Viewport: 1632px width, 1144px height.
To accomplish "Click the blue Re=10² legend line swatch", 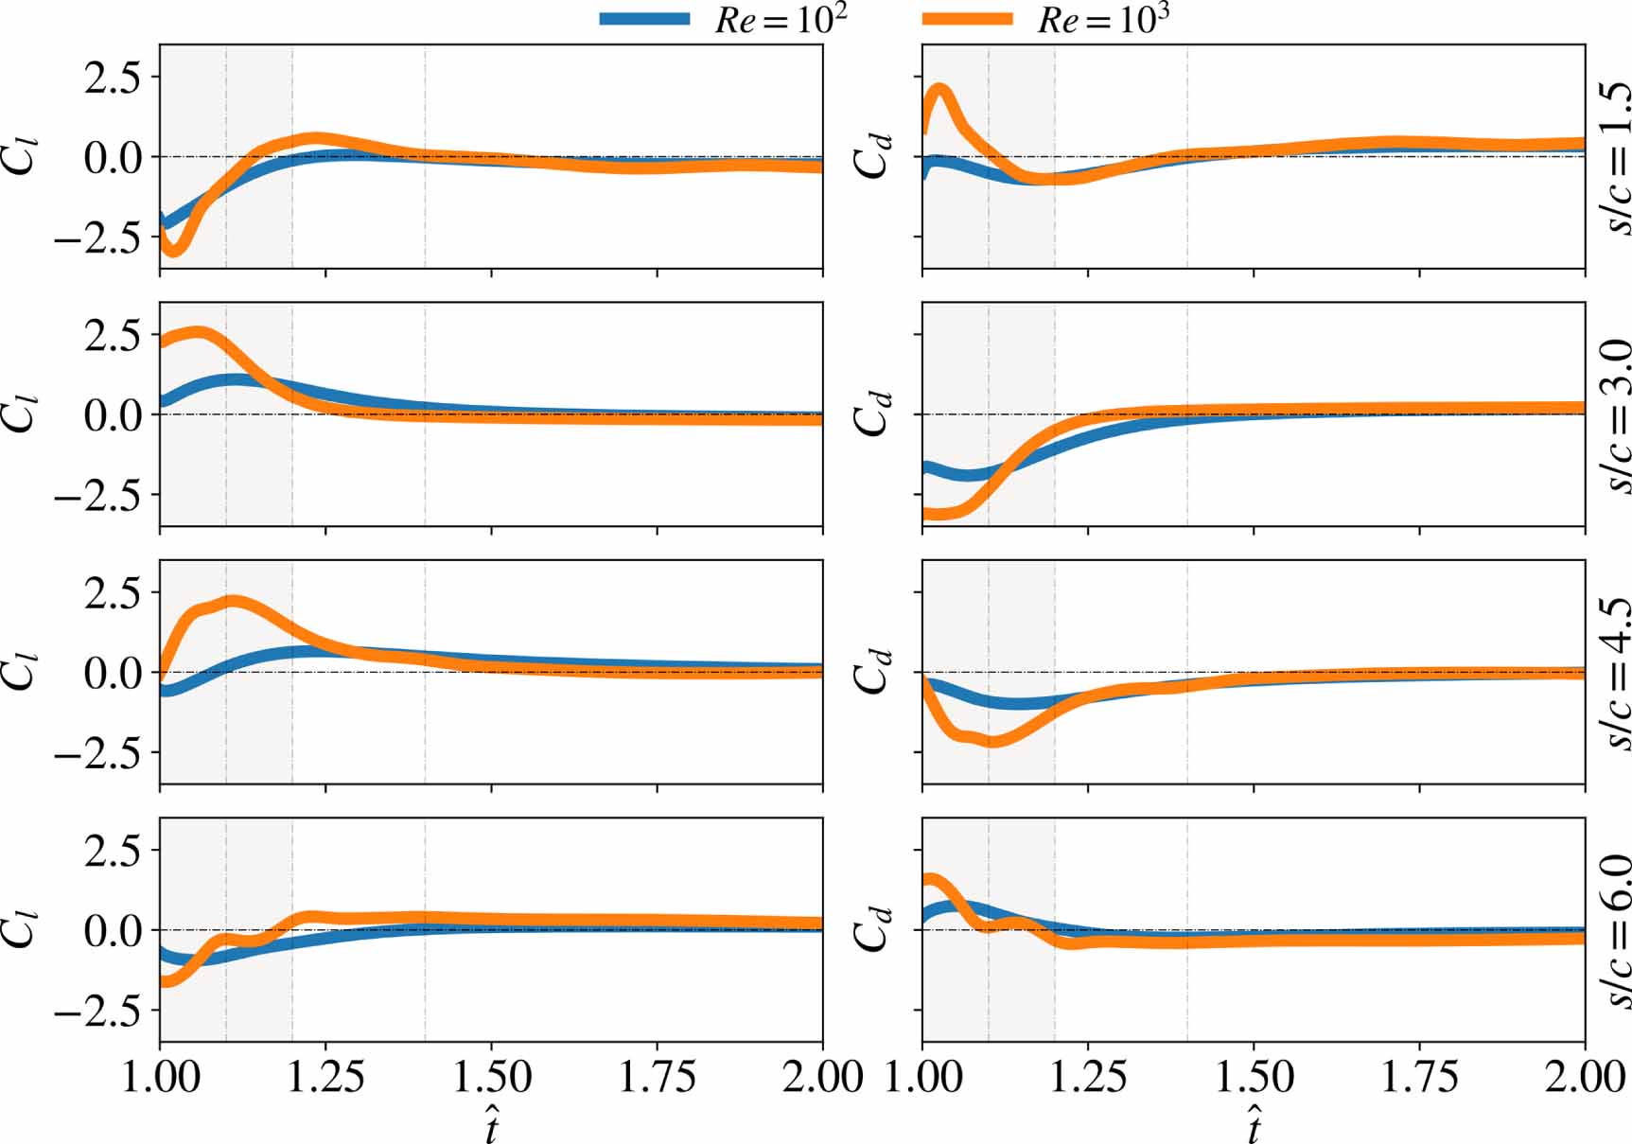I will click(x=644, y=19).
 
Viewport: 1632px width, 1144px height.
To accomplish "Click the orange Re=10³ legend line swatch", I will click(x=966, y=19).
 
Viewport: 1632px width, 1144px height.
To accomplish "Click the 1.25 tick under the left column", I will click(x=325, y=1077).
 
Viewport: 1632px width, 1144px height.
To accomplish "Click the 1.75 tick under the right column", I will click(x=1419, y=1077).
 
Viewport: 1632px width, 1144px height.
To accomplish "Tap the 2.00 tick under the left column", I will click(x=821, y=1077).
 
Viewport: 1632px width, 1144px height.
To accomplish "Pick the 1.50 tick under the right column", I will click(x=1254, y=1077).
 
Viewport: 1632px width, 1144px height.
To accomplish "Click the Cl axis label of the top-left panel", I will click(x=21, y=157).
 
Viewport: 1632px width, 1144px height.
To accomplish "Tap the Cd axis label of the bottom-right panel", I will click(x=871, y=931).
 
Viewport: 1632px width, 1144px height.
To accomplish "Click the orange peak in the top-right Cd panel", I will click(x=940, y=93).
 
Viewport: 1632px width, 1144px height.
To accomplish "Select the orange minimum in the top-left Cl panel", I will click(x=173, y=250).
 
